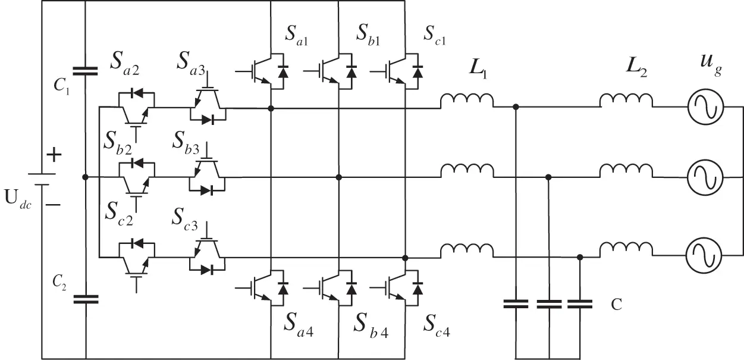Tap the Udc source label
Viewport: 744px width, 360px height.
click(18, 198)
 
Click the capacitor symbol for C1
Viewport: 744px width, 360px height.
click(86, 70)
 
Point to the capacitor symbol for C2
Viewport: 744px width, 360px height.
click(86, 298)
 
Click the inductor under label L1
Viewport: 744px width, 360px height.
click(467, 102)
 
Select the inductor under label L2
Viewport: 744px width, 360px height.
click(626, 102)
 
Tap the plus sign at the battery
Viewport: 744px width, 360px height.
click(54, 156)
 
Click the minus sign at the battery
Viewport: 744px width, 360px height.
click(53, 205)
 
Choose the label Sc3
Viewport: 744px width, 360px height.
click(187, 216)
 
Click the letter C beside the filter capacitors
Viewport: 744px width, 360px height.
click(617, 305)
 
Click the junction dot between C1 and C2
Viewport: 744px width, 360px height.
click(86, 177)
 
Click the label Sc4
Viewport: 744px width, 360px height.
click(436, 325)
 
